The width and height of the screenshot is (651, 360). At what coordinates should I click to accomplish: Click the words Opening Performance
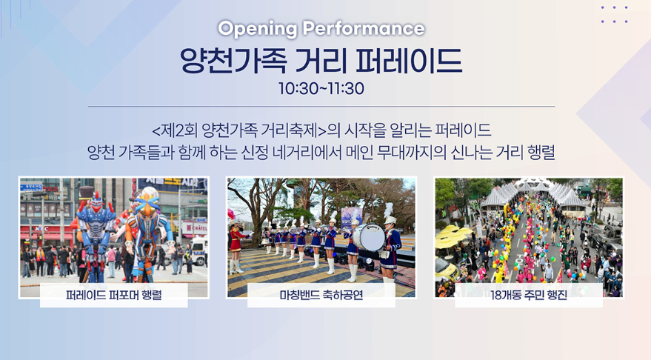pyautogui.click(x=321, y=29)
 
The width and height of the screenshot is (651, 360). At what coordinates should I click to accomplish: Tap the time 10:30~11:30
pyautogui.click(x=321, y=88)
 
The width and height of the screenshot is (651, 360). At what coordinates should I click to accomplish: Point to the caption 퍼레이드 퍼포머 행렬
pyautogui.click(x=114, y=298)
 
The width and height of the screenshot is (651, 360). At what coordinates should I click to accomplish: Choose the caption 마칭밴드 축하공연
pyautogui.click(x=321, y=298)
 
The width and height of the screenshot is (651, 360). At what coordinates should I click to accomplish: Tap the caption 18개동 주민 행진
pyautogui.click(x=528, y=298)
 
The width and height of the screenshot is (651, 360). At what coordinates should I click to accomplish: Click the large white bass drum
pyautogui.click(x=368, y=237)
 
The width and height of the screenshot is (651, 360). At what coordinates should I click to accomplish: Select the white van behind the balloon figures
pyautogui.click(x=199, y=253)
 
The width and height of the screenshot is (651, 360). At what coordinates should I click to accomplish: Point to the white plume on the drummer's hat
pyautogui.click(x=388, y=210)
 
